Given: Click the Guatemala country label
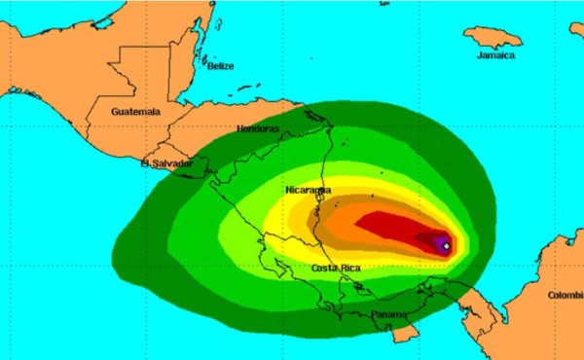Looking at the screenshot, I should pos(134,112).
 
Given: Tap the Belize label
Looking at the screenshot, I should pos(221,66).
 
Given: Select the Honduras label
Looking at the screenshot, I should pos(258,128).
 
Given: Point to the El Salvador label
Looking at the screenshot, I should pos(165,163).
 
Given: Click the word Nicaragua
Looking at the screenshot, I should pos(309,190).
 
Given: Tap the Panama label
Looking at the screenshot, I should pos(390,315).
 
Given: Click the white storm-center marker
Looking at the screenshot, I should pos(446,246).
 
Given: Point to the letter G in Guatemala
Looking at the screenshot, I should pos(115,112).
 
